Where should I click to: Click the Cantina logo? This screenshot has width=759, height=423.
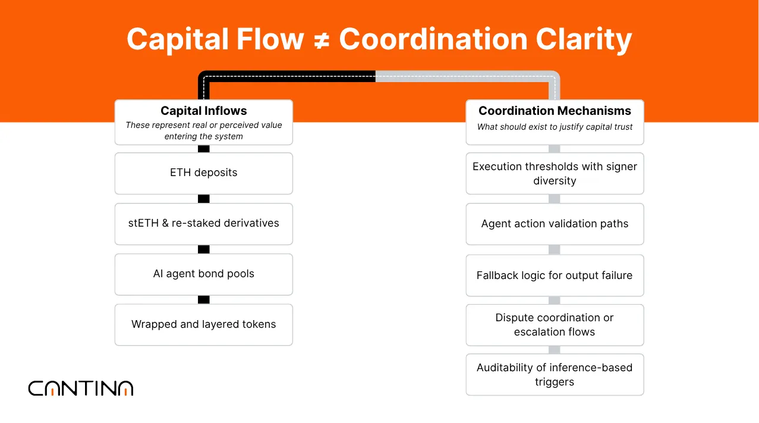(81, 388)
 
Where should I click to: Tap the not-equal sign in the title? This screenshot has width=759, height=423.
(322, 40)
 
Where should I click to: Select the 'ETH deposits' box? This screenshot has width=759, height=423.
(203, 173)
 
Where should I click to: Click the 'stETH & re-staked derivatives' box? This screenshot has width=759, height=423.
(203, 224)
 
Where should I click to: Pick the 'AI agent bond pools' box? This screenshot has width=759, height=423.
(203, 274)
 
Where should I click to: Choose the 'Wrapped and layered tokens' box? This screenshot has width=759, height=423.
(203, 325)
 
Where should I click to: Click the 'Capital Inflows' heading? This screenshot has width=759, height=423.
(203, 111)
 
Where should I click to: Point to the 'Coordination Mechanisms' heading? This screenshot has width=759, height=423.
(555, 111)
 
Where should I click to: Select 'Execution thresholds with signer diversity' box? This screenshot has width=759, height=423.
(555, 174)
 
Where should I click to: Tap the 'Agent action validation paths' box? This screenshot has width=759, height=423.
(555, 224)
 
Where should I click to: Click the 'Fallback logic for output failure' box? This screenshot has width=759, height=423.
(555, 275)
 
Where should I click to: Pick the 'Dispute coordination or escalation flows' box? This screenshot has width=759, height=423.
(555, 325)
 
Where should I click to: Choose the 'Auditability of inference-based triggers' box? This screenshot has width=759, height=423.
(555, 375)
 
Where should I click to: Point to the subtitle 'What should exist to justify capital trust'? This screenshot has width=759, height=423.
(555, 127)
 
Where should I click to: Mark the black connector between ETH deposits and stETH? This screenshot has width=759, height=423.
(203, 199)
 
